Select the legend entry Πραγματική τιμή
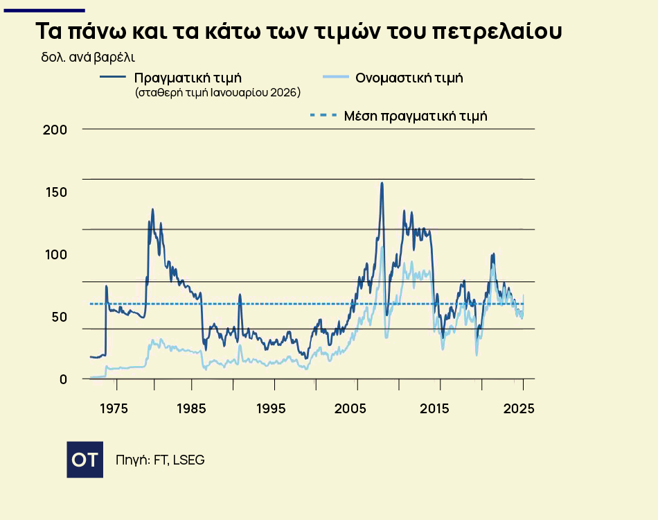[x=188, y=77]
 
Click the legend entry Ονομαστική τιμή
[x=409, y=78]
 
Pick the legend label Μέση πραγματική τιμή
[x=416, y=116]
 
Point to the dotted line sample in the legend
[x=323, y=115]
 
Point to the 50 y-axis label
[x=57, y=317]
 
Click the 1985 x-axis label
[x=193, y=408]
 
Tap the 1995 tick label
[x=271, y=408]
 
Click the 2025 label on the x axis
[x=519, y=408]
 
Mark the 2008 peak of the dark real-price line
[x=382, y=184]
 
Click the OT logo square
[x=85, y=459]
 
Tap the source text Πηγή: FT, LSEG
[x=160, y=460]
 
